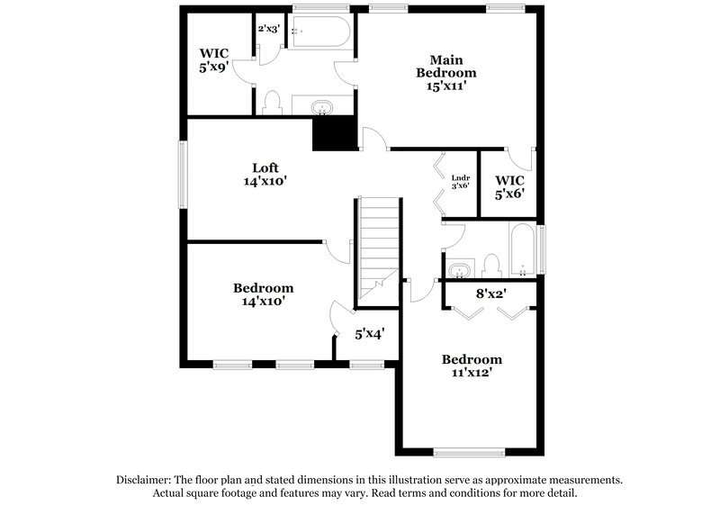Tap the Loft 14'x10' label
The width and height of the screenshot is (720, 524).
click(265, 174)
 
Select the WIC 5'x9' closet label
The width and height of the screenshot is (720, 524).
click(213, 59)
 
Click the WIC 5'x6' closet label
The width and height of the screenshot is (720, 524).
click(508, 185)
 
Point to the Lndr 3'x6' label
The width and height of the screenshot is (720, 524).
click(460, 181)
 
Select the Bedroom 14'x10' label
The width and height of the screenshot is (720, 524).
click(263, 294)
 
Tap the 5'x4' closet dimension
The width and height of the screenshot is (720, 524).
click(370, 334)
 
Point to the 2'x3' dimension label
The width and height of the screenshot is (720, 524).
click(269, 29)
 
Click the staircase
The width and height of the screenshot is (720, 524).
click(379, 243)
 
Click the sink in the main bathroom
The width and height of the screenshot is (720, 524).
click(321, 109)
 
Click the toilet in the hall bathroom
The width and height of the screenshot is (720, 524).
click(491, 265)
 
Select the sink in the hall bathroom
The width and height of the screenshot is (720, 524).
click(461, 270)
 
